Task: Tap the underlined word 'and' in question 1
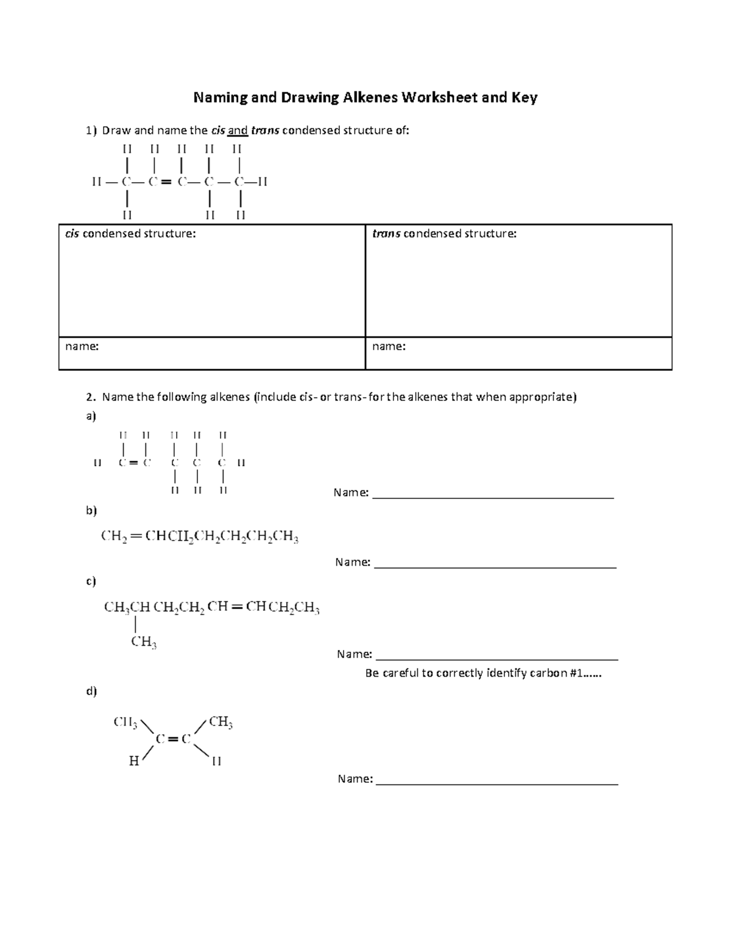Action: coord(238,130)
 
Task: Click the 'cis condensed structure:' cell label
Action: coord(131,233)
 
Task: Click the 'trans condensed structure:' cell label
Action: coord(444,233)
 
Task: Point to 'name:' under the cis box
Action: coord(82,346)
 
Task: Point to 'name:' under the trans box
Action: coord(389,346)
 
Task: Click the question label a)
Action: coord(91,416)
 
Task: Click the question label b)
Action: coord(91,510)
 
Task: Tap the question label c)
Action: coord(91,581)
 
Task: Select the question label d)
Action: coord(91,691)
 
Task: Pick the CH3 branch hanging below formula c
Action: coord(144,642)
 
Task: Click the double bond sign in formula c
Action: coord(236,607)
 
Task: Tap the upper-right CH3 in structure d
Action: coord(221,722)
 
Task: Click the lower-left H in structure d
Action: coord(134,761)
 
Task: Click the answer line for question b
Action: coord(495,567)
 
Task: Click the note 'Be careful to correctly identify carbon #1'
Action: coord(483,673)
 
